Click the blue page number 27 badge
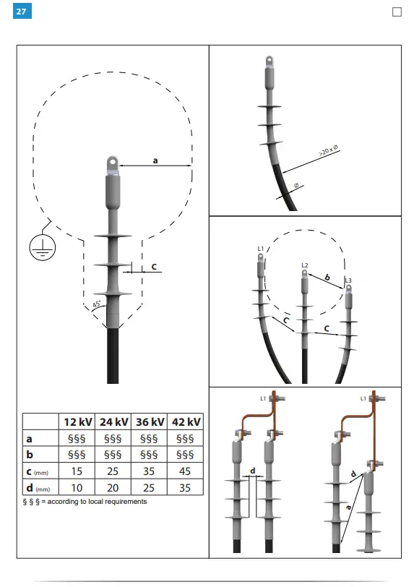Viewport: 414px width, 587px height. click(22, 11)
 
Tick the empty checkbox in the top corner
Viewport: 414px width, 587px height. click(397, 12)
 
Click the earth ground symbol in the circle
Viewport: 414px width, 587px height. click(43, 247)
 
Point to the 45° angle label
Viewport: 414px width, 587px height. click(97, 304)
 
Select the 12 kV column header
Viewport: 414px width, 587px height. click(77, 422)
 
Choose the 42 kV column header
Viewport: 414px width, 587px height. click(186, 422)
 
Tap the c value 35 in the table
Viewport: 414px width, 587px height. click(149, 471)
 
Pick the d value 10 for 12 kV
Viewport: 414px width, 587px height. click(77, 488)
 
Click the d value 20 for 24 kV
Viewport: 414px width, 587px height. click(113, 488)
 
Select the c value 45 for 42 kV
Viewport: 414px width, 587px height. click(185, 471)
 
